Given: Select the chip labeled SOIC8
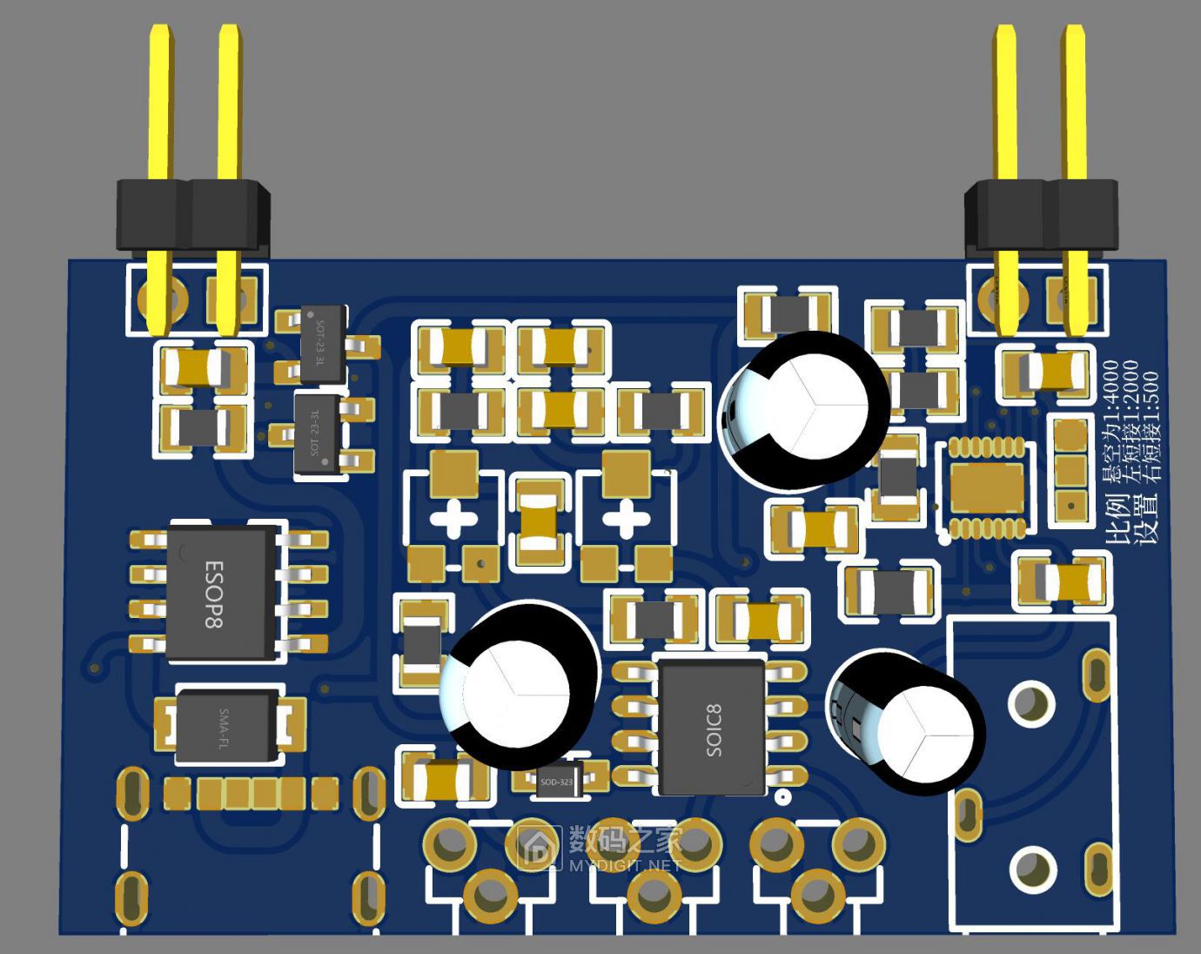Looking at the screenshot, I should point(712,728).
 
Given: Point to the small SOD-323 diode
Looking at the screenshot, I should point(557,781).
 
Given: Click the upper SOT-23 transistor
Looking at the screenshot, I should point(322,344).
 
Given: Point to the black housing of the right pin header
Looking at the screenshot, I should point(1041,213).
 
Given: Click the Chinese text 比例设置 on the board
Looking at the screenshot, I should point(1131,519).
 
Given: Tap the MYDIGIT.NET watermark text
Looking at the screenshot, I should point(624,864).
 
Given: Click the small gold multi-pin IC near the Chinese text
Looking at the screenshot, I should point(986,487).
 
